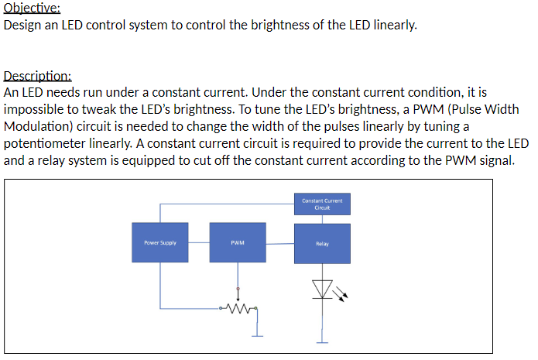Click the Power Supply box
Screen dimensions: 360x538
tap(159, 242)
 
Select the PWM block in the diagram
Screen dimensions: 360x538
tap(238, 242)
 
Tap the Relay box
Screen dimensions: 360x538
tap(322, 243)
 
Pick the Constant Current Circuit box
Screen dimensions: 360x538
tap(322, 205)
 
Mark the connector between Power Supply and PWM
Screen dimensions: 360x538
tap(198, 242)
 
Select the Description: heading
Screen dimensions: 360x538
tap(38, 76)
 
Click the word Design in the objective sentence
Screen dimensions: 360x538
tap(23, 25)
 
